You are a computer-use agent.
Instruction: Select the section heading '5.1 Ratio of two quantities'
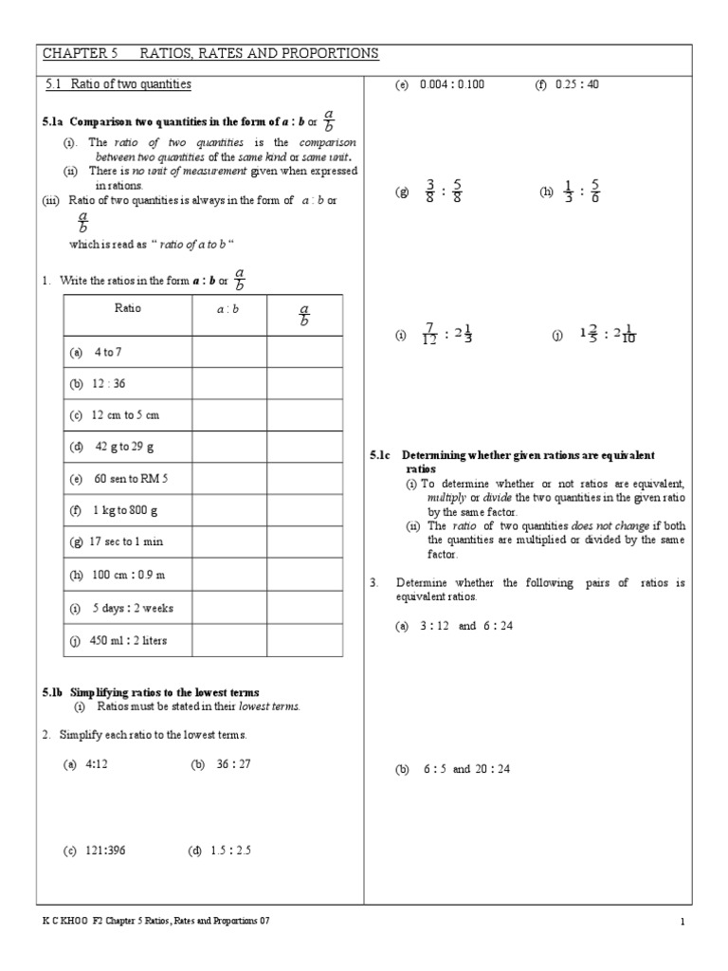[118, 85]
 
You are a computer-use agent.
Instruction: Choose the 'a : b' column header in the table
[228, 309]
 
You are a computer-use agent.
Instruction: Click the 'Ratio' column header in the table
[128, 309]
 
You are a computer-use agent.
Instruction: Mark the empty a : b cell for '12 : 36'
[228, 383]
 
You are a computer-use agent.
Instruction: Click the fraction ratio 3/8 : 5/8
[443, 192]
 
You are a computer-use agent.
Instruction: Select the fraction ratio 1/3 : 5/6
[581, 192]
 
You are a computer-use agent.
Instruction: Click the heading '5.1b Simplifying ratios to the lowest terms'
[150, 692]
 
